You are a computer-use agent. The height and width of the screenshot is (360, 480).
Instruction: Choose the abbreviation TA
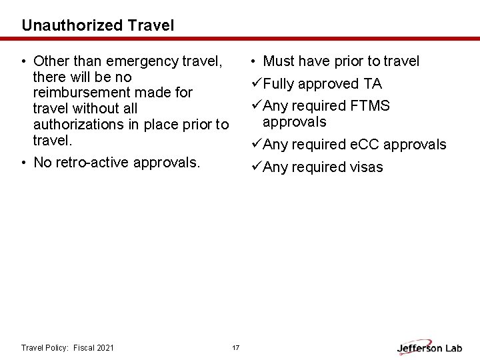(373, 84)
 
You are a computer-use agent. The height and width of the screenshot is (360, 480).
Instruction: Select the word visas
(366, 167)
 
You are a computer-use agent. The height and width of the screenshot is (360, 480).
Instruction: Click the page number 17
(235, 348)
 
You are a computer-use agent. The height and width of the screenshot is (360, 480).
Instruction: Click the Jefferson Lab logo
(430, 347)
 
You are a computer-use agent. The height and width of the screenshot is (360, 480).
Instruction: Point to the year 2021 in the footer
(105, 348)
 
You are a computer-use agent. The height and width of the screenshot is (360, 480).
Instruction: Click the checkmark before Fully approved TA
(257, 84)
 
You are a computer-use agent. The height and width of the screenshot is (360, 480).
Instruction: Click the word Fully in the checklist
(279, 84)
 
